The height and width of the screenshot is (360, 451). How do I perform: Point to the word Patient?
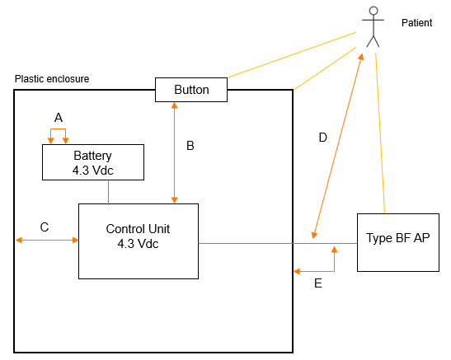click(x=416, y=23)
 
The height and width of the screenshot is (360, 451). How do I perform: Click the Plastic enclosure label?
click(x=52, y=79)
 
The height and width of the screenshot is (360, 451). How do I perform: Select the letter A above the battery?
click(x=59, y=118)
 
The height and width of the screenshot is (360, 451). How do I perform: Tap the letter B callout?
click(x=190, y=146)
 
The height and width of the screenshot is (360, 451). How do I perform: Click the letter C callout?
click(x=45, y=227)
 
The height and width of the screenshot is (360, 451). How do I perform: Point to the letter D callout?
click(x=323, y=138)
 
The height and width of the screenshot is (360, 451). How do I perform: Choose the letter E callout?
click(x=318, y=283)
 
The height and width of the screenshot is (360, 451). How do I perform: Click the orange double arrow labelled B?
click(x=174, y=153)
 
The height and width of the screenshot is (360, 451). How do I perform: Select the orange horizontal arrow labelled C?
click(x=47, y=240)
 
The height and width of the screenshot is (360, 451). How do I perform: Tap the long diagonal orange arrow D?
click(x=338, y=146)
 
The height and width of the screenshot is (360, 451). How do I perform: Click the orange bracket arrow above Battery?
click(x=58, y=129)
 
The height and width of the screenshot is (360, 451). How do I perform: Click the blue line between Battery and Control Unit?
click(x=109, y=192)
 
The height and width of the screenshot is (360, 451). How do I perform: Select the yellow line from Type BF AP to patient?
click(x=380, y=133)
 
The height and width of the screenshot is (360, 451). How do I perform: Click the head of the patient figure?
click(x=373, y=11)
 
